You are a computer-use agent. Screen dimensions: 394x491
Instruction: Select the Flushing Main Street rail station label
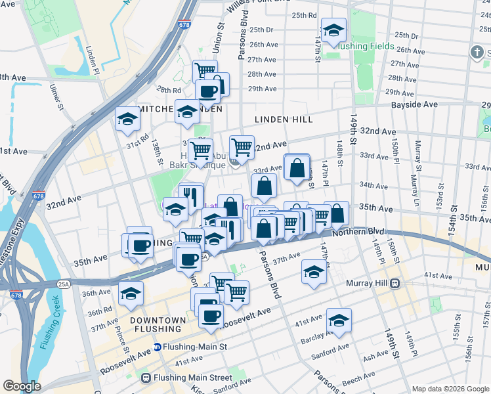192,378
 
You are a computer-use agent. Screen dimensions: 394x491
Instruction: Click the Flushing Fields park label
365,47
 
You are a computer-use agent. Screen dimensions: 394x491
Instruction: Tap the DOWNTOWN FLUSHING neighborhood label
158,325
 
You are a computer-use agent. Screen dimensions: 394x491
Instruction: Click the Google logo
22,385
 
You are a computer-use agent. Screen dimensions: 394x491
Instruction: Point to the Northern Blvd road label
357,232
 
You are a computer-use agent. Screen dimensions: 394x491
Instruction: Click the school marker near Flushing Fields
333,32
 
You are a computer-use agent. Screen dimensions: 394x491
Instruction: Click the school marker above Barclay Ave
339,321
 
